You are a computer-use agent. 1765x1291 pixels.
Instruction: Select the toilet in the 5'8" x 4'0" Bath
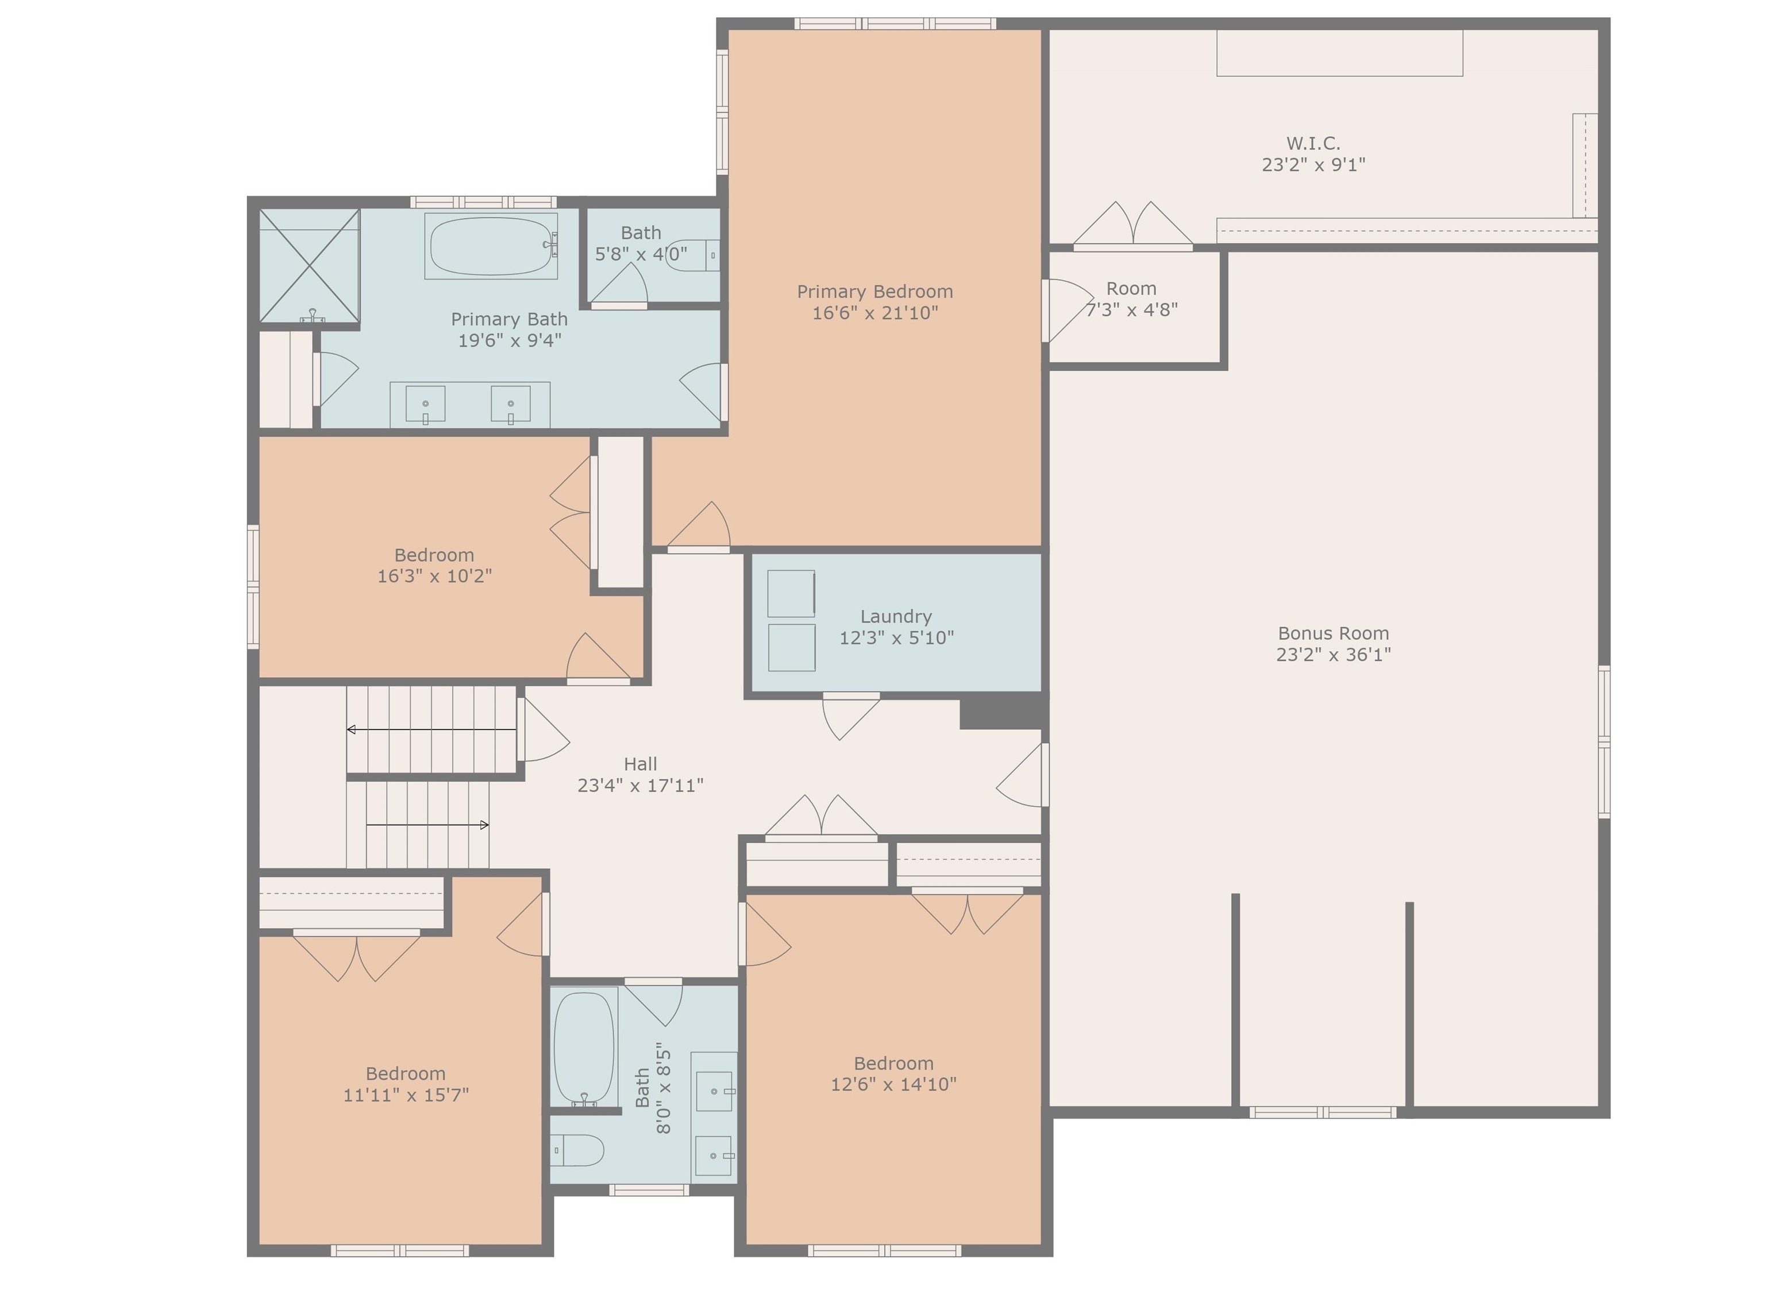(692, 256)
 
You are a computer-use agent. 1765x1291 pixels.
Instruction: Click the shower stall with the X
(310, 266)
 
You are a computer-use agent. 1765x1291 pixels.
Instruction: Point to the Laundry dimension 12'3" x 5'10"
(896, 637)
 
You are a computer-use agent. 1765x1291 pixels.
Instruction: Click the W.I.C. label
(1313, 144)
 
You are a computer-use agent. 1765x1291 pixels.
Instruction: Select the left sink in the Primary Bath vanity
(425, 405)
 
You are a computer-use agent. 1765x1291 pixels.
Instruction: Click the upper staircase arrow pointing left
(431, 730)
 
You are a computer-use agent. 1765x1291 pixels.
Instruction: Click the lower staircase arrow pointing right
(427, 825)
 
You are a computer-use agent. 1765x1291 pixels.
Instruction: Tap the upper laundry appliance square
(791, 593)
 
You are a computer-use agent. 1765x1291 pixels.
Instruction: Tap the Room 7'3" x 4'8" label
(1131, 299)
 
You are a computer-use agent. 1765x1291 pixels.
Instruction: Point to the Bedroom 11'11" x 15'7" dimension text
(406, 1095)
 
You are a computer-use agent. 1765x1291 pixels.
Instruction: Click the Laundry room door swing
(850, 717)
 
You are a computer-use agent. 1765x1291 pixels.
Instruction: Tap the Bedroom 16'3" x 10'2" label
(434, 566)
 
